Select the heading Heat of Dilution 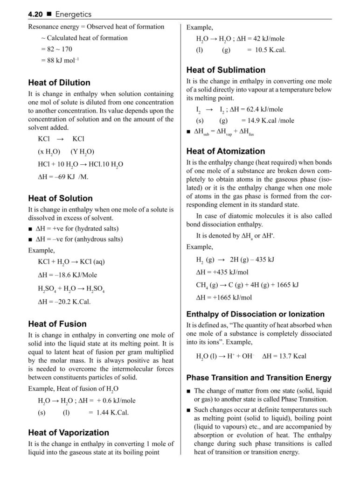click(59, 83)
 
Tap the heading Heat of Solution click(60, 198)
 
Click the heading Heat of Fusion click(57, 324)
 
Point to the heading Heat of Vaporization click(69, 433)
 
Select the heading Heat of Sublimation click(226, 70)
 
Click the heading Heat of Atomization click(225, 151)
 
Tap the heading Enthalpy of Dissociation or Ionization click(255, 314)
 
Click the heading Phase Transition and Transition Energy click(259, 378)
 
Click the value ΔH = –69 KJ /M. click(63, 177)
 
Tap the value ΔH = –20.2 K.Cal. click(64, 301)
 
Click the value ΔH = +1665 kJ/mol click(224, 297)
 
